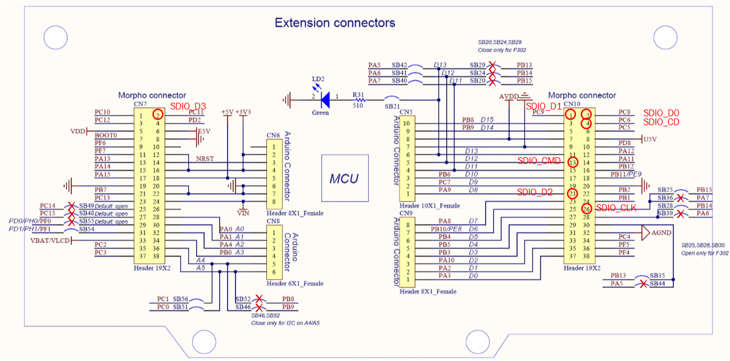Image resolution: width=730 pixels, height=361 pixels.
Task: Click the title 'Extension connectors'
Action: pos(334,23)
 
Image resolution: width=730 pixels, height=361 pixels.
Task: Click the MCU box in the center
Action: pos(344,179)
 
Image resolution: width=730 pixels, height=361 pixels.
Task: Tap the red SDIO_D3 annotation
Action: pos(188,106)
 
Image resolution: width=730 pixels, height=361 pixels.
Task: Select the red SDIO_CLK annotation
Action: pos(616,208)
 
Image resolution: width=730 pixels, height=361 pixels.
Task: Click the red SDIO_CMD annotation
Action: pos(539,161)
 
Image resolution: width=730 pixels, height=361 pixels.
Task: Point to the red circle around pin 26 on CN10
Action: pos(586,209)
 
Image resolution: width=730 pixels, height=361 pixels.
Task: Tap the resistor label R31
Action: pos(357,94)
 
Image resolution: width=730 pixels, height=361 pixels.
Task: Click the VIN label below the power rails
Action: pos(243,213)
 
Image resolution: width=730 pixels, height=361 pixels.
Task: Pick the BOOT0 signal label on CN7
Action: pos(106,135)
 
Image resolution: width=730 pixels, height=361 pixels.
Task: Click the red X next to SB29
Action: pos(492,65)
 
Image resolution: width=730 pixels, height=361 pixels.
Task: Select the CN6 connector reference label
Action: pos(273,135)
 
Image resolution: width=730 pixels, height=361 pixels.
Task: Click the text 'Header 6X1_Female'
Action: pos(295,284)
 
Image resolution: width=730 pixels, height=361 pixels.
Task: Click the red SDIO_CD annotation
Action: pos(661,122)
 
